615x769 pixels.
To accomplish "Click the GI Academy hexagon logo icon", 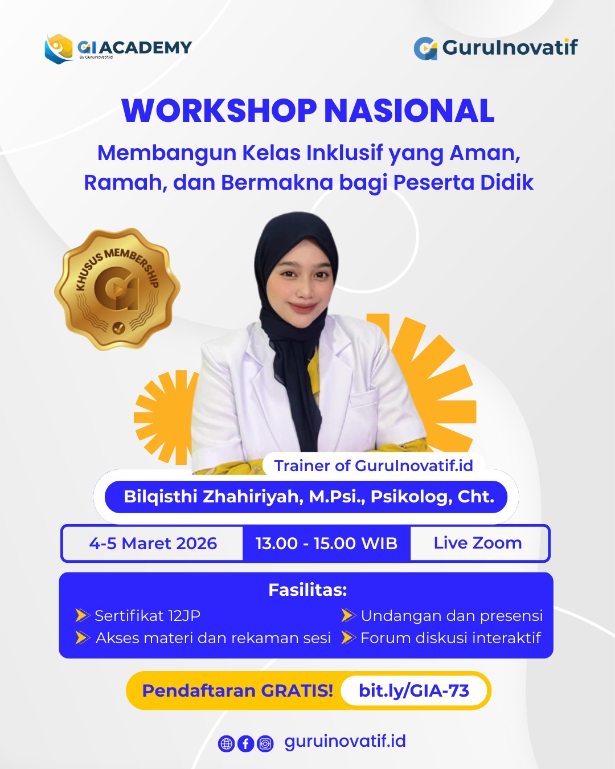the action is (x=59, y=49).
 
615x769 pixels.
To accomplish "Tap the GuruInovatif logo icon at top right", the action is (x=425, y=48).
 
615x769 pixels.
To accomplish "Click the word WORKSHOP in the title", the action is (x=219, y=111).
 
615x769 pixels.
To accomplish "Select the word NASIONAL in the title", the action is (x=409, y=111).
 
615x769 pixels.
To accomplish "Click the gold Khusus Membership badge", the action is (x=117, y=289).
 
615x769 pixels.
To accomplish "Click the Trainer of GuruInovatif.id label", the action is (x=374, y=465).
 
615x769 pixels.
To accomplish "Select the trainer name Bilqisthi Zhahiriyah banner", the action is (x=306, y=497).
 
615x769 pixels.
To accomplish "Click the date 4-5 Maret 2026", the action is (x=153, y=543).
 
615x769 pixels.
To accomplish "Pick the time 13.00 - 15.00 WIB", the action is (x=326, y=543).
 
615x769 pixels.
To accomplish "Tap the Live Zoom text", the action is (x=478, y=543).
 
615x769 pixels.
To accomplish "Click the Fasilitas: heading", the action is (x=307, y=590).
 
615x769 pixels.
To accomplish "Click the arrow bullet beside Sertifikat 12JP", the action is (x=83, y=616).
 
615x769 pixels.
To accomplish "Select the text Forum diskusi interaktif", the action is (x=450, y=638).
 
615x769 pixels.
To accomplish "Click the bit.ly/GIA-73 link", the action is (x=414, y=691).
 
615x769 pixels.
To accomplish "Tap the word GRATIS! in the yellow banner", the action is (x=297, y=691).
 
